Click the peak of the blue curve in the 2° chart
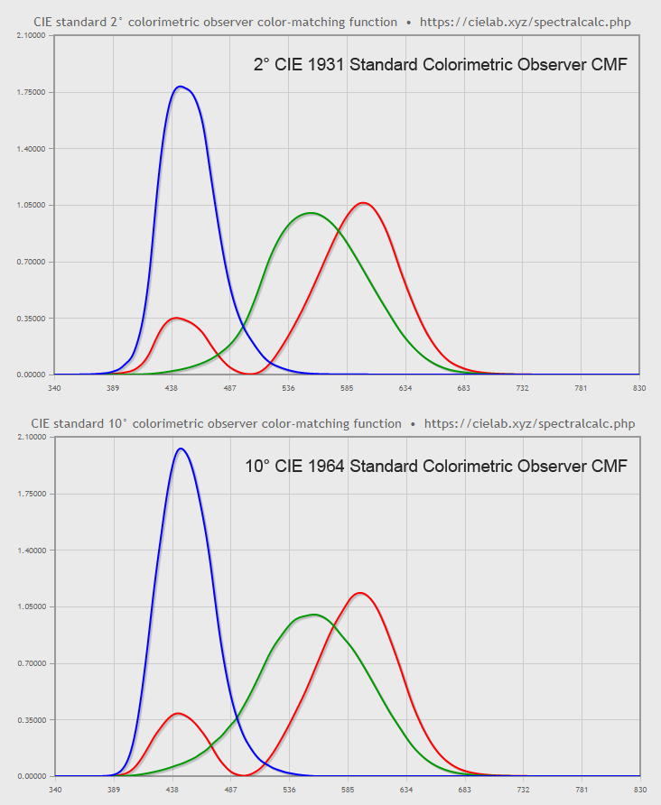(x=182, y=87)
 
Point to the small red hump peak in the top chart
(x=176, y=318)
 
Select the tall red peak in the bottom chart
(x=361, y=593)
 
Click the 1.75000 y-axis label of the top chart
(x=31, y=92)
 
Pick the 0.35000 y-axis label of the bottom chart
(x=31, y=719)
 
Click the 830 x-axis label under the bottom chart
(x=639, y=790)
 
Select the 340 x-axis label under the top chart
(x=54, y=388)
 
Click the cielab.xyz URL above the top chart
(x=525, y=22)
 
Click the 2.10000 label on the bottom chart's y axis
(x=31, y=437)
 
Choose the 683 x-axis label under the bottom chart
(x=464, y=790)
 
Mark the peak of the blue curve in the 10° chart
(x=182, y=449)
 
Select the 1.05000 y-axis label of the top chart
(x=31, y=205)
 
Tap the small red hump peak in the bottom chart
(x=177, y=713)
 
